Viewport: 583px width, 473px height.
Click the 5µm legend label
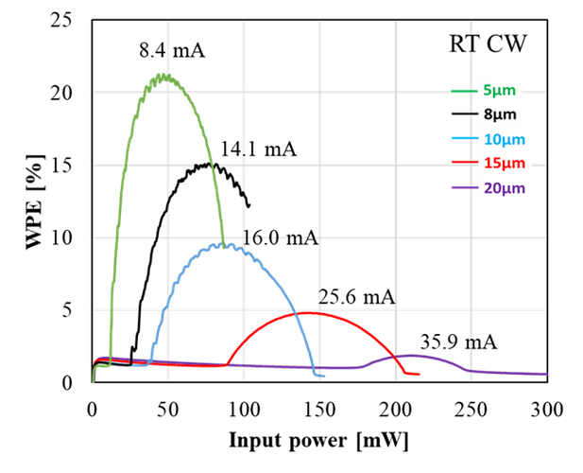click(x=499, y=91)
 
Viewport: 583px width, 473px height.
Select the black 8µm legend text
click(x=499, y=115)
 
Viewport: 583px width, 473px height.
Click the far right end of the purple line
click(x=547, y=374)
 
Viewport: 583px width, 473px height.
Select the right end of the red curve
click(x=420, y=374)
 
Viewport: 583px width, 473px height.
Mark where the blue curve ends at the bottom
click(x=321, y=376)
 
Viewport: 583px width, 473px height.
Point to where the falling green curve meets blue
click(x=222, y=244)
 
